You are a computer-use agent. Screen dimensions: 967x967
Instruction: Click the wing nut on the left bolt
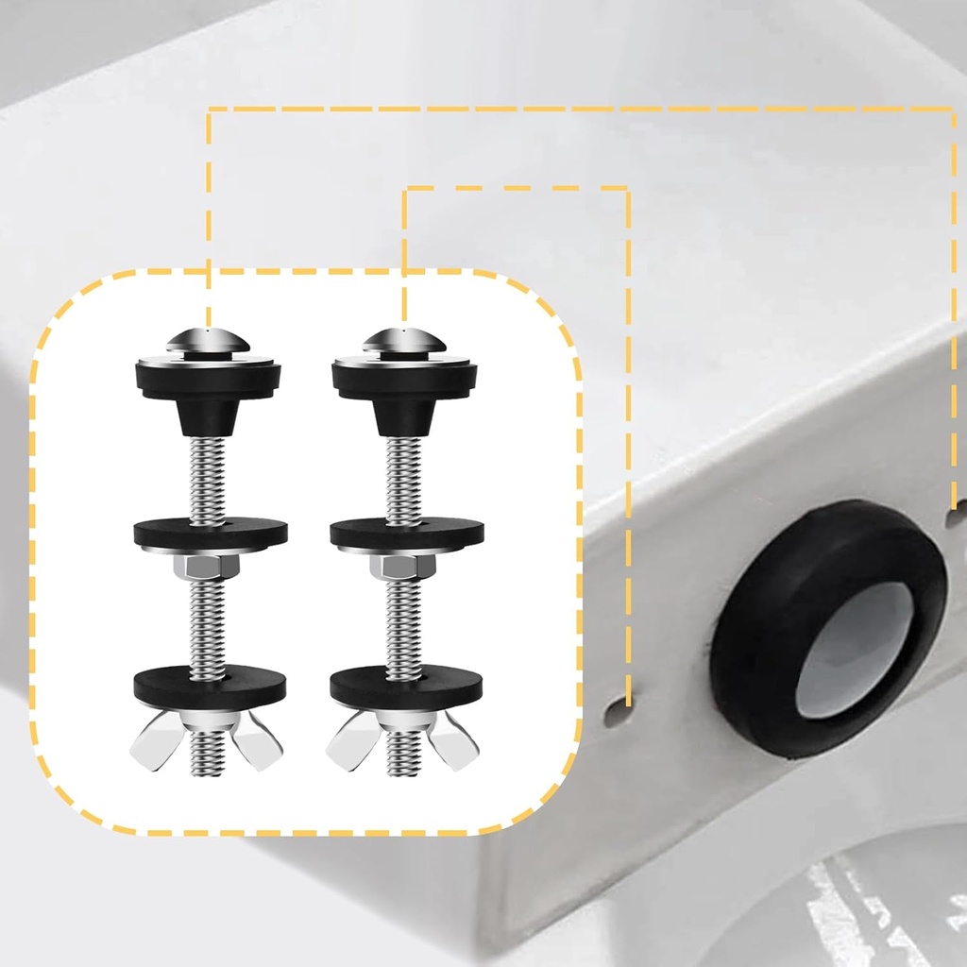pos(209,738)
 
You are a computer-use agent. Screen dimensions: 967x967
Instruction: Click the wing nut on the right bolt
pos(404,738)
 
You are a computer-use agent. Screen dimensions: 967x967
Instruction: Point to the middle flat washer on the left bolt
pos(209,533)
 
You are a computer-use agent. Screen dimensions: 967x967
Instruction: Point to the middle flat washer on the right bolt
pos(406,533)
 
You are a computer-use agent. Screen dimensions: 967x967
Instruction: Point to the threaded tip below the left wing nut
pos(209,767)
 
